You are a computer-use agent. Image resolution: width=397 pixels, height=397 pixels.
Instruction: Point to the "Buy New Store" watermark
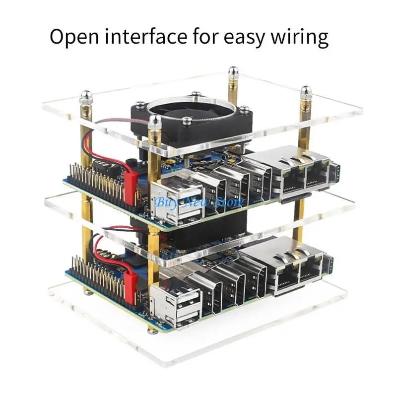coord(199,202)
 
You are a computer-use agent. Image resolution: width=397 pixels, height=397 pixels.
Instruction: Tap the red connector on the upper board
coord(131,186)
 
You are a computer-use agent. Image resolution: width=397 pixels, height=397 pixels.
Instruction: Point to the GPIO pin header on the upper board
coord(94,179)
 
